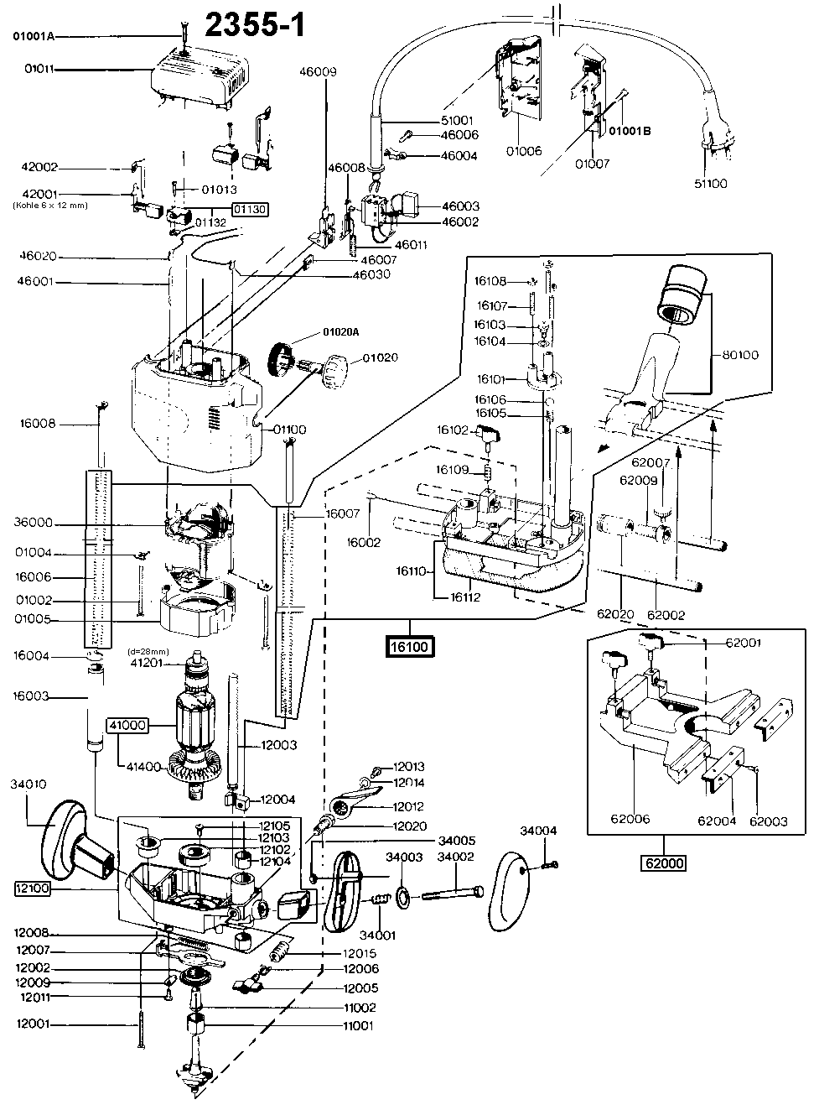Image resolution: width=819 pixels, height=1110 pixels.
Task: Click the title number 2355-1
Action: click(x=254, y=24)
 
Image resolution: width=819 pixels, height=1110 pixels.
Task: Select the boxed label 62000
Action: click(x=663, y=862)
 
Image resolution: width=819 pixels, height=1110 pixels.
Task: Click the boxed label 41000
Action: click(x=125, y=725)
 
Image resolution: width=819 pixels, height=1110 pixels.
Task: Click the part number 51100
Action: click(x=711, y=183)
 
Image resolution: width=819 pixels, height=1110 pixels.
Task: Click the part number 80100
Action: click(x=739, y=355)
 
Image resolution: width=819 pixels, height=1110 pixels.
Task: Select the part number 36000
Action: click(x=34, y=523)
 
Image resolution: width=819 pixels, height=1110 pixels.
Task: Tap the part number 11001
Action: click(x=358, y=1025)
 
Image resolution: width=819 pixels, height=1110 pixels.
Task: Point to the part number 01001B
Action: click(x=630, y=131)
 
